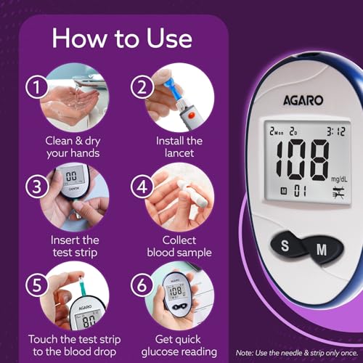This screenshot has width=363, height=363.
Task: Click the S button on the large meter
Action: coord(285,246)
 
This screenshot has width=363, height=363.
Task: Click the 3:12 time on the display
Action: coord(336,132)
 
